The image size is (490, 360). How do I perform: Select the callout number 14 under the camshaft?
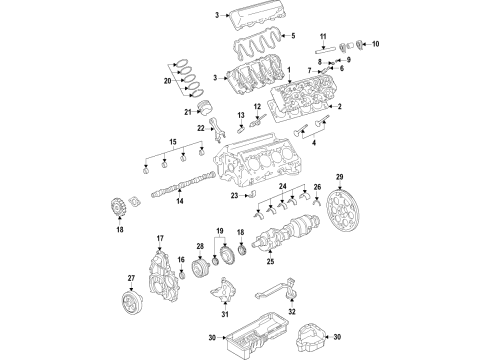coord(180,203)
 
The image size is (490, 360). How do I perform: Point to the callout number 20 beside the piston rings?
coord(167,79)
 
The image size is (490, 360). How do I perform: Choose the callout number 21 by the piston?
coord(188,113)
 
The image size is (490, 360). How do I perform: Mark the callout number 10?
coord(376,45)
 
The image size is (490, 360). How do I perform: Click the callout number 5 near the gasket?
coord(266,36)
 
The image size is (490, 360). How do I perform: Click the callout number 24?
coord(283,187)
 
